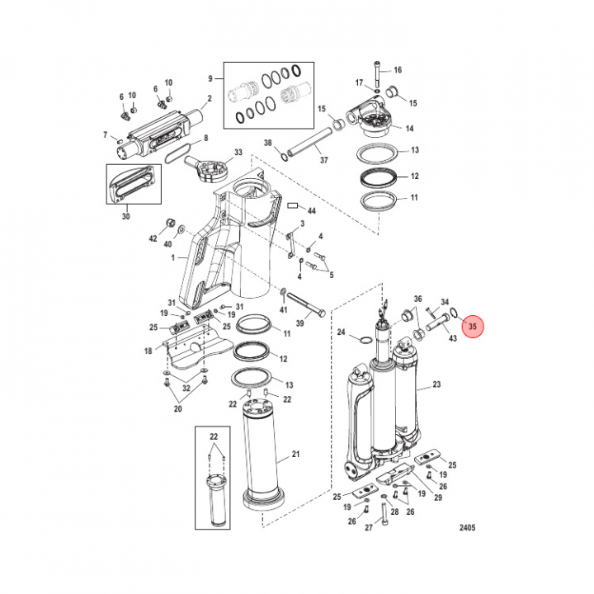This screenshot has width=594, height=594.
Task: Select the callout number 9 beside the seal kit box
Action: (x=210, y=78)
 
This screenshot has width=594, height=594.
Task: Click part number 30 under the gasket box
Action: (x=125, y=216)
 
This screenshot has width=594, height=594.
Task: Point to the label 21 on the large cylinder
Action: (x=296, y=456)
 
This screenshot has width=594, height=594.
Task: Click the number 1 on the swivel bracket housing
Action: (x=174, y=258)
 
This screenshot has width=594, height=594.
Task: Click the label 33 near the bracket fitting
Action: (x=238, y=153)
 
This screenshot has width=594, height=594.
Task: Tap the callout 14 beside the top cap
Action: (x=408, y=128)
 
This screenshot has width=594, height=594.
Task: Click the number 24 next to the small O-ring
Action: (x=342, y=333)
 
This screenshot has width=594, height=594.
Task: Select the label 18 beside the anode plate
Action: (x=149, y=351)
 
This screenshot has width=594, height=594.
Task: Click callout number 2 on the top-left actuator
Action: (x=209, y=98)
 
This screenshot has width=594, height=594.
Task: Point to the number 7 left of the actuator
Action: (x=106, y=134)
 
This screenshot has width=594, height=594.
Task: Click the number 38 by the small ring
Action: (x=267, y=144)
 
